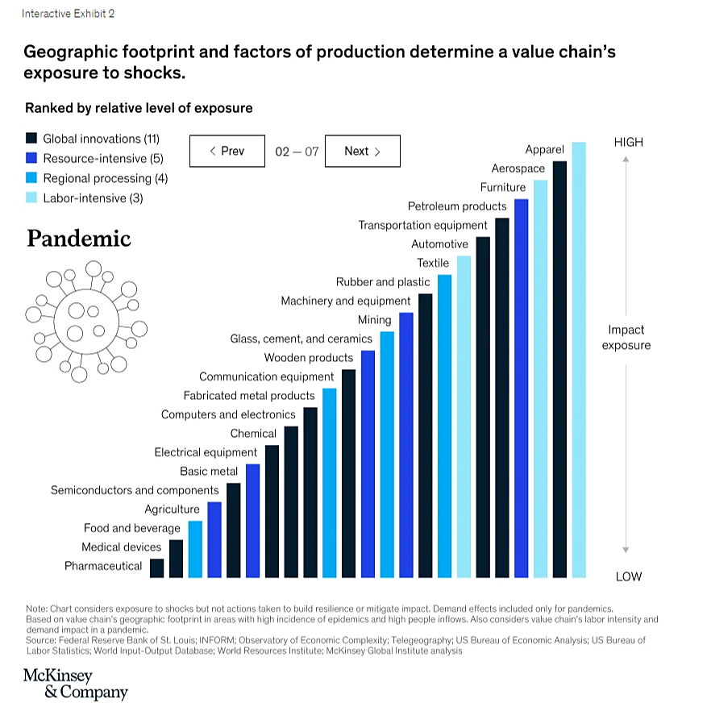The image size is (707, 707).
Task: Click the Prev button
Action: (x=227, y=151)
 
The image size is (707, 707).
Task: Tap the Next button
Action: (x=362, y=151)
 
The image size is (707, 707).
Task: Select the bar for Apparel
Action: (x=579, y=360)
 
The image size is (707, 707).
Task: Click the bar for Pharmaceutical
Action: (x=157, y=568)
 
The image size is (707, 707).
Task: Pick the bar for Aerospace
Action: (x=559, y=369)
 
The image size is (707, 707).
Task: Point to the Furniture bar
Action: (x=540, y=379)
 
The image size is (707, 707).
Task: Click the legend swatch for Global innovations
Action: (x=31, y=139)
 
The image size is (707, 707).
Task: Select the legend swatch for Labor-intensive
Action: (x=31, y=198)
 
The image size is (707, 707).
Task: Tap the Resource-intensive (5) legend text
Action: (x=102, y=159)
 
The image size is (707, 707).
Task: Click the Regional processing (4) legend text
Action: (x=105, y=178)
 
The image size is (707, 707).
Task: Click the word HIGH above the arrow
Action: (x=628, y=142)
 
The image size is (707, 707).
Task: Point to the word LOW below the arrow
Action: (x=628, y=576)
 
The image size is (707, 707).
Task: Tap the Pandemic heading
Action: (x=78, y=239)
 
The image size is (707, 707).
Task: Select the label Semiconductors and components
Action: (x=135, y=490)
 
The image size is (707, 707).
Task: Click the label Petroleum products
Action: (x=457, y=206)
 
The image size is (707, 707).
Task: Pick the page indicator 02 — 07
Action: (x=297, y=152)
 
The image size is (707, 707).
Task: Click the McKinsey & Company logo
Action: (x=75, y=684)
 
